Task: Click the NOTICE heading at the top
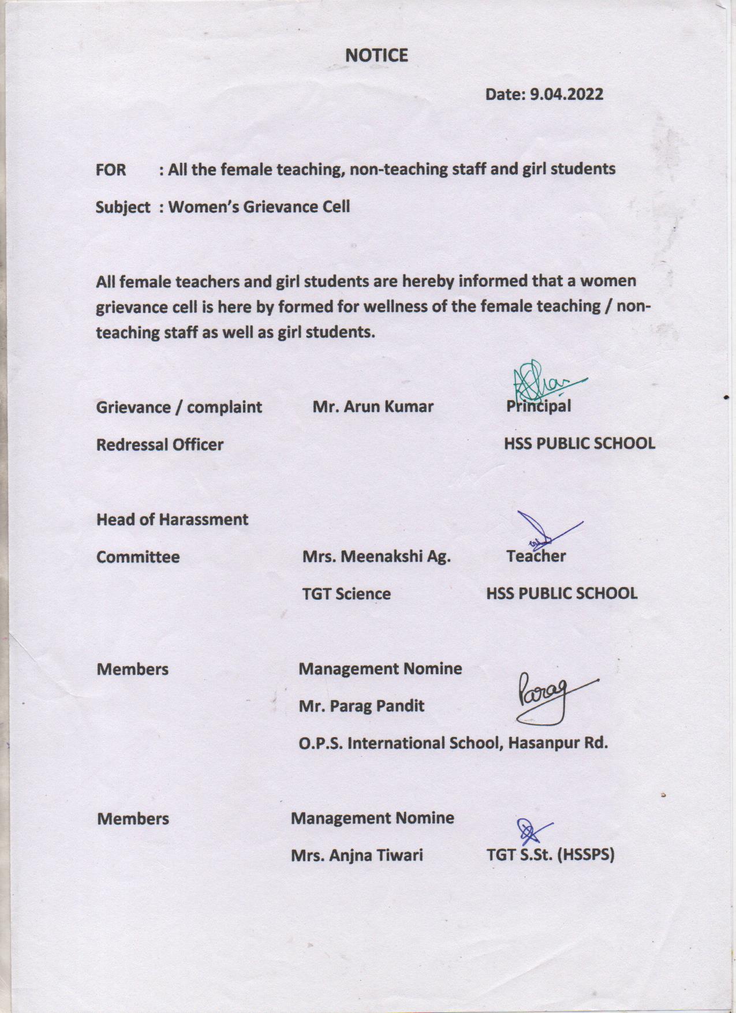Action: [376, 55]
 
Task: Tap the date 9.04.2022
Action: [566, 94]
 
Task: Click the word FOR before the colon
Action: [111, 170]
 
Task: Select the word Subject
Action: [123, 207]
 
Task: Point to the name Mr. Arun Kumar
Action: [373, 406]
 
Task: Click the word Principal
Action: [539, 406]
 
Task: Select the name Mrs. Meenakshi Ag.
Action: [376, 556]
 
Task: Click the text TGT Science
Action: [346, 593]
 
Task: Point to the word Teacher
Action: [536, 556]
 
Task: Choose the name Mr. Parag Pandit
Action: [361, 705]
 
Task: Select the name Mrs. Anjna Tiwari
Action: [357, 855]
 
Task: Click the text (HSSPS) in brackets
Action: [586, 855]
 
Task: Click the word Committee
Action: [138, 557]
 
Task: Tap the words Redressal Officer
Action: [159, 444]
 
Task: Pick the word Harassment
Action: [202, 519]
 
